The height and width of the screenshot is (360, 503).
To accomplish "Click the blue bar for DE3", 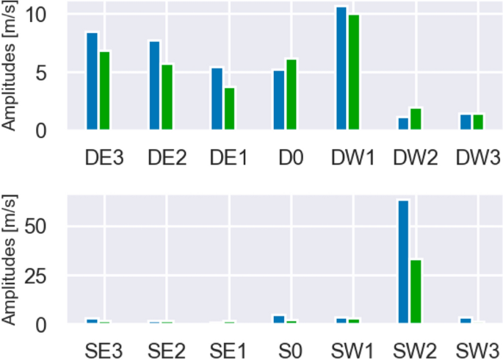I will click(92, 82).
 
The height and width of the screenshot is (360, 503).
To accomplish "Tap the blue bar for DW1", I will click(341, 68).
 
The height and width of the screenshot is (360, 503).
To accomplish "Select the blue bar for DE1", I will click(217, 99).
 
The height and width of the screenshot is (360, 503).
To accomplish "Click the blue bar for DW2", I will click(403, 123).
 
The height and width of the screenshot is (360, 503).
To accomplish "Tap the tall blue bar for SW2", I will click(403, 262).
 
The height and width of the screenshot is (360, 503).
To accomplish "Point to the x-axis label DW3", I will click(478, 157).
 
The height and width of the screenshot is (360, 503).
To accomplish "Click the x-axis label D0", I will click(286, 157).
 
